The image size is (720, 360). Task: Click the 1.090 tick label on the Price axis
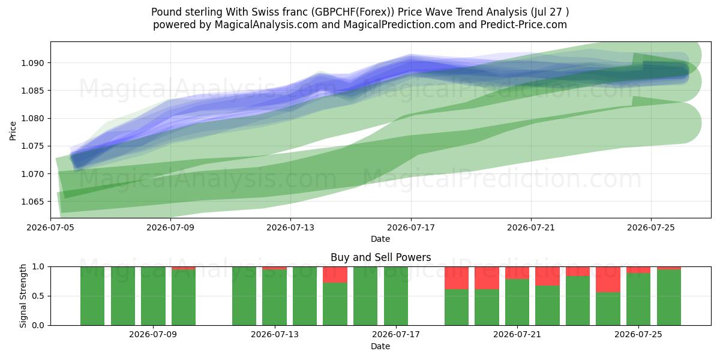pyautogui.click(x=32, y=63)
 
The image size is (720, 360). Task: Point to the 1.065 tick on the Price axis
pyautogui.click(x=32, y=202)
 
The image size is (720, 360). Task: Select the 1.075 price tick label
pyautogui.click(x=32, y=146)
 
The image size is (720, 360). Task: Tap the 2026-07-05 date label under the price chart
pyautogui.click(x=50, y=227)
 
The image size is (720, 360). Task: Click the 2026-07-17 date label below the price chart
pyautogui.click(x=411, y=227)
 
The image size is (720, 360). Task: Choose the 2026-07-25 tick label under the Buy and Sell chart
pyautogui.click(x=638, y=335)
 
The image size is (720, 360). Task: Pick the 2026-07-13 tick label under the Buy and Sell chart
pyautogui.click(x=275, y=335)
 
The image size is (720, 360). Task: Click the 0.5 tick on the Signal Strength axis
pyautogui.click(x=38, y=296)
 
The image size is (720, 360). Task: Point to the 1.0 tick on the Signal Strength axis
pyautogui.click(x=38, y=267)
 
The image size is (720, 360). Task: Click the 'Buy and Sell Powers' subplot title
pyautogui.click(x=380, y=257)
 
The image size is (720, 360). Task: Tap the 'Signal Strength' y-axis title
pyautogui.click(x=23, y=296)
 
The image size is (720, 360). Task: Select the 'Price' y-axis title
pyautogui.click(x=13, y=131)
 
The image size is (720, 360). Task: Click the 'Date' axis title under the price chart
pyautogui.click(x=380, y=239)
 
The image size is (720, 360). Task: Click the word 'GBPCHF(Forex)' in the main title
pyautogui.click(x=352, y=12)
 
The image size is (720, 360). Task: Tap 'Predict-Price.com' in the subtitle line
pyautogui.click(x=524, y=25)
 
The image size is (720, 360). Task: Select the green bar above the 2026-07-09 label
pyautogui.click(x=154, y=296)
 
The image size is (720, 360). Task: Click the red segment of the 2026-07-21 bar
pyautogui.click(x=517, y=273)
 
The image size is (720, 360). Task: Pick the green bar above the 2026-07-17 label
pyautogui.click(x=396, y=296)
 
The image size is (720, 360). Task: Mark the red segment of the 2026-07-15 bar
pyautogui.click(x=335, y=275)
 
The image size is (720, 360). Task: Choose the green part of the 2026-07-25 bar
pyautogui.click(x=638, y=299)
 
